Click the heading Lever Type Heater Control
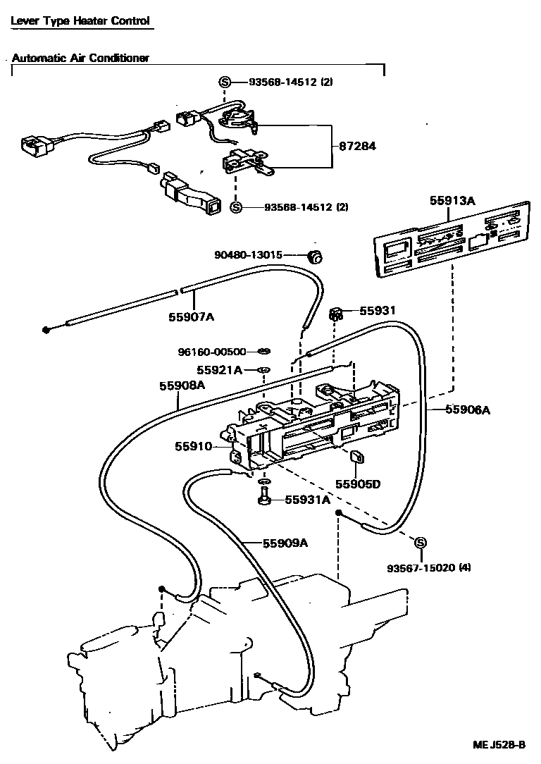(x=80, y=20)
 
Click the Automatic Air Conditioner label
(x=80, y=58)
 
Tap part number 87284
(x=358, y=147)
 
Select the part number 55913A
(x=452, y=200)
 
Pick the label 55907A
(x=190, y=317)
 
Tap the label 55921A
(x=219, y=370)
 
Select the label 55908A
(x=182, y=386)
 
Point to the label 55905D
(x=357, y=484)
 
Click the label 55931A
(x=307, y=500)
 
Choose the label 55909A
(x=285, y=543)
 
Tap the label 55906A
(x=467, y=409)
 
